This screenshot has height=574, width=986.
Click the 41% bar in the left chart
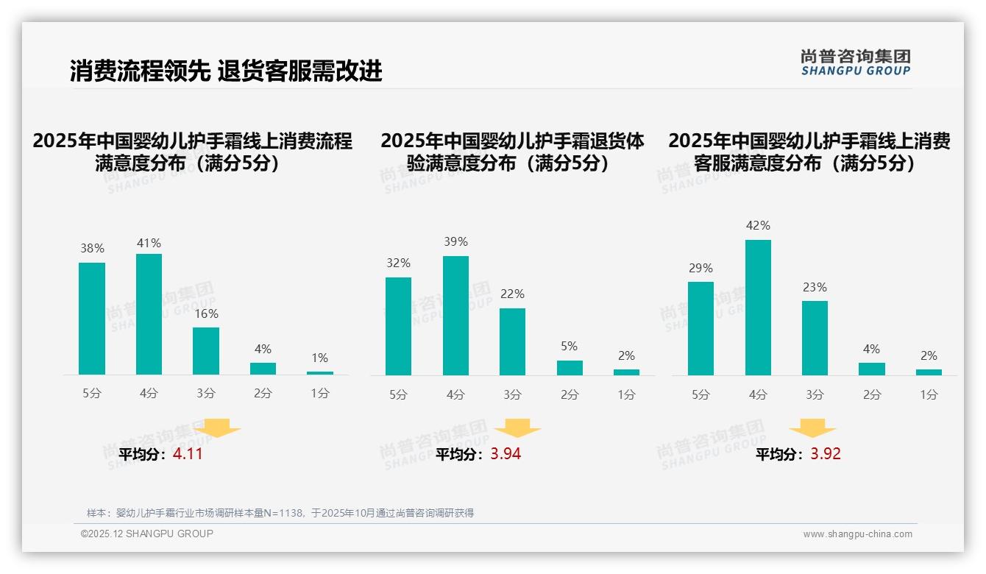click(149, 314)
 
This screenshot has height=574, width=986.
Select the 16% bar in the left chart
click(206, 351)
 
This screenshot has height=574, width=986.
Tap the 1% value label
click(319, 358)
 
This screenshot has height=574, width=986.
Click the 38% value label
click(92, 249)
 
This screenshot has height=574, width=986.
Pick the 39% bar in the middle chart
click(455, 316)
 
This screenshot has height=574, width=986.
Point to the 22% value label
click(513, 294)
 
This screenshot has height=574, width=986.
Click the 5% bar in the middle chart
click(570, 368)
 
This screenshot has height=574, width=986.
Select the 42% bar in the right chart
click(758, 308)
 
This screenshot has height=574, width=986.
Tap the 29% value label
click(701, 269)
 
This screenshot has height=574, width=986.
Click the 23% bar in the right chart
click(815, 338)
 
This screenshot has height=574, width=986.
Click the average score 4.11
click(188, 454)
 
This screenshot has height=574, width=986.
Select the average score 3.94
click(506, 454)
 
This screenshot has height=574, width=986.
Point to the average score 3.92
click(826, 454)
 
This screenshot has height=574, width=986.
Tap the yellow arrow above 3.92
click(812, 429)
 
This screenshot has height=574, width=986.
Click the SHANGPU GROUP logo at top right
click(855, 63)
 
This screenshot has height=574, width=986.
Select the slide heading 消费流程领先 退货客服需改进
click(226, 71)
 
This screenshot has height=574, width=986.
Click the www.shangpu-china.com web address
click(857, 534)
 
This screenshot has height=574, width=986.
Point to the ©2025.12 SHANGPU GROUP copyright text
click(147, 534)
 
